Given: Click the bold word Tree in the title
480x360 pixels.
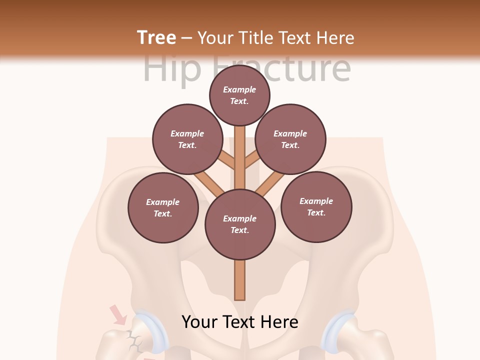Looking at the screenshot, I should click(156, 37).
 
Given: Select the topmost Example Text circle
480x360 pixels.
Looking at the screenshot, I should click(239, 95).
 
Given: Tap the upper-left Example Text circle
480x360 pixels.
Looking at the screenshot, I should click(187, 139).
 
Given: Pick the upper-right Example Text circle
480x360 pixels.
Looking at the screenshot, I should click(290, 139).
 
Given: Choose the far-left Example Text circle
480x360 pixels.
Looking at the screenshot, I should click(163, 207).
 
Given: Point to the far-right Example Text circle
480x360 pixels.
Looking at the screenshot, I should click(316, 206).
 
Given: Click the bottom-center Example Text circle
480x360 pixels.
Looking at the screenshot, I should click(240, 224).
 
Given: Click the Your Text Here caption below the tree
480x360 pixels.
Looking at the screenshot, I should click(240, 321).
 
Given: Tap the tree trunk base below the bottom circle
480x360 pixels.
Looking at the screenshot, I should click(240, 280).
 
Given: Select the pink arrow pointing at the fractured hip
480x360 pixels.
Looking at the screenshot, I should click(118, 314).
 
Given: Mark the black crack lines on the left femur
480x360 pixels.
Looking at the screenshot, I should click(133, 340).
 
